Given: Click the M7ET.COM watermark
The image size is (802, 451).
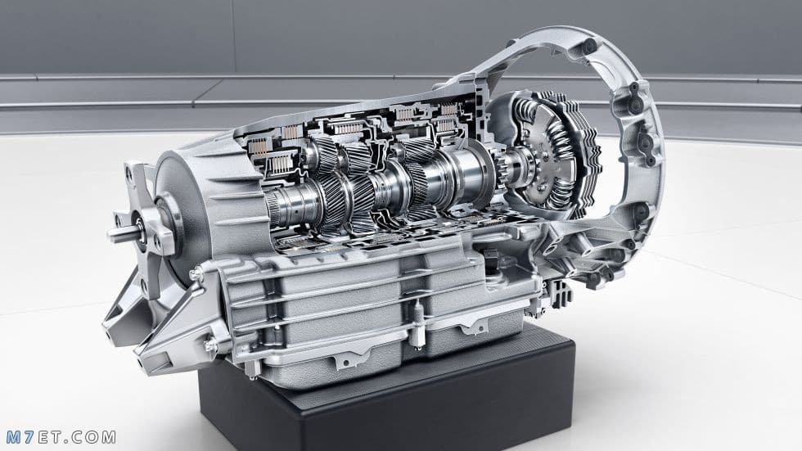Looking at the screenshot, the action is pyautogui.click(x=61, y=438).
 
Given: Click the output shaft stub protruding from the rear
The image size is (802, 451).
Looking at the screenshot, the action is pyautogui.click(x=123, y=234).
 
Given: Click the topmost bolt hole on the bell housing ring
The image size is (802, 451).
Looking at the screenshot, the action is pyautogui.click(x=588, y=47).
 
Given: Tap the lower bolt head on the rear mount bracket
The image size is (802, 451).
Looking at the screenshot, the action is pyautogui.click(x=210, y=345).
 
